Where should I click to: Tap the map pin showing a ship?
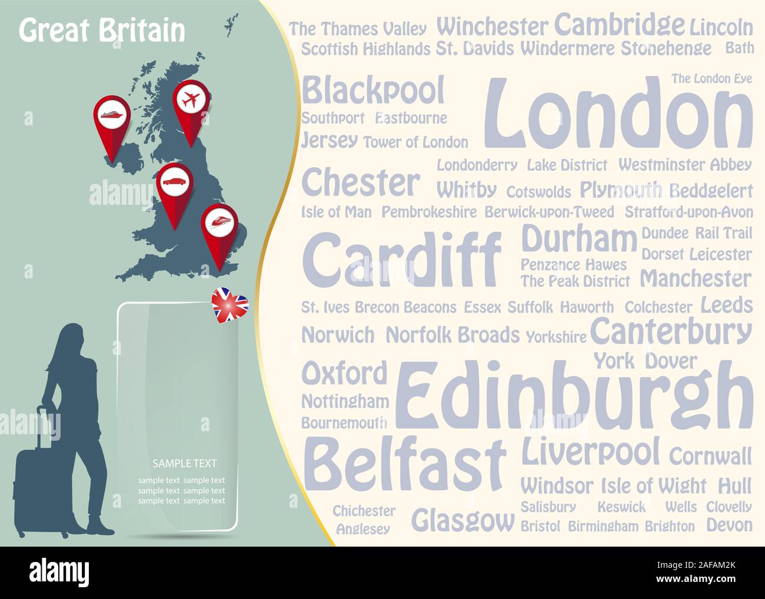(112, 115)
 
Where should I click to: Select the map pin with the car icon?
(175, 182)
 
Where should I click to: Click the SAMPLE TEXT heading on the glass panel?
(184, 463)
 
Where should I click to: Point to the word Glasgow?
(463, 520)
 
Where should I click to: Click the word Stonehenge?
(666, 48)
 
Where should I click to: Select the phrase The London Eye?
(711, 79)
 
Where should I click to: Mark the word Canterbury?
(671, 332)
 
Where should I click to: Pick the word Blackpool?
(373, 91)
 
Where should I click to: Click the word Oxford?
(345, 373)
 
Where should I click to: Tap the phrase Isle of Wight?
(653, 486)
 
